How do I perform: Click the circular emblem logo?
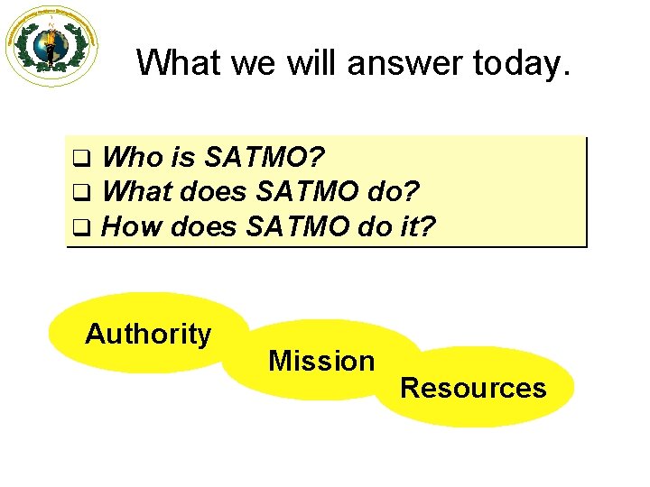[51, 46]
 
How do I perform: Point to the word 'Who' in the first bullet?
[133, 159]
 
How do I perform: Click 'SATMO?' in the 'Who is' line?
[265, 159]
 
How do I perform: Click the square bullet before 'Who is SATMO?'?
[79, 160]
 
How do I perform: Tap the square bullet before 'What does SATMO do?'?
[79, 192]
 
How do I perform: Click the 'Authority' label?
[148, 335]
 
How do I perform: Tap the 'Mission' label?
[321, 362]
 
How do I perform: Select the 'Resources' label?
[473, 389]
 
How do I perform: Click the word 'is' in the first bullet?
[183, 159]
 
